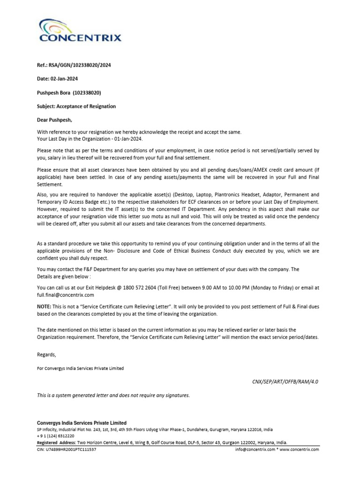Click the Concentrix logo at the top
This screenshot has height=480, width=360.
80,31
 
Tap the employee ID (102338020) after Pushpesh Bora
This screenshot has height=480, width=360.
87,93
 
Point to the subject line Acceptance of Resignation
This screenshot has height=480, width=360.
89,106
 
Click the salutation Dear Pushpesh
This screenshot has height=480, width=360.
55,120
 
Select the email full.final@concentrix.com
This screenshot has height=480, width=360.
66,295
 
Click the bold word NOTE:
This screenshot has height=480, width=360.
45,307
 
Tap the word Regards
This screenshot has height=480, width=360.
46,354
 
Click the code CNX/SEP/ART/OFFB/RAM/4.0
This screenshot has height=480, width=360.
285,382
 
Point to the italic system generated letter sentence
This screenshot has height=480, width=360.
113,396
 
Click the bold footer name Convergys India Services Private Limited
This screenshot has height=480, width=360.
82,423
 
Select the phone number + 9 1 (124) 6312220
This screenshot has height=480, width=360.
56,436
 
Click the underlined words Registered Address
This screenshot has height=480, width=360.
56,442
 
